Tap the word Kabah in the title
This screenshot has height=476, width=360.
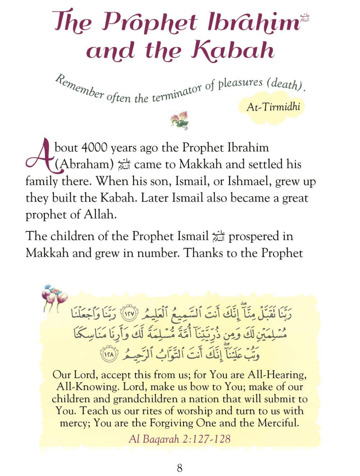[232, 50]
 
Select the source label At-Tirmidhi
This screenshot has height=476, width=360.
[273, 107]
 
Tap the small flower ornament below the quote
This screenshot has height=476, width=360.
[180, 119]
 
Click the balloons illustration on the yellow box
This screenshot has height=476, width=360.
[54, 296]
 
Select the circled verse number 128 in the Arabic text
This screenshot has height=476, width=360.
[107, 354]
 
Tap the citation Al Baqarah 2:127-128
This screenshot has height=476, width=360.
[180, 439]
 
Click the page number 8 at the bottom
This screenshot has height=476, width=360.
[180, 467]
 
